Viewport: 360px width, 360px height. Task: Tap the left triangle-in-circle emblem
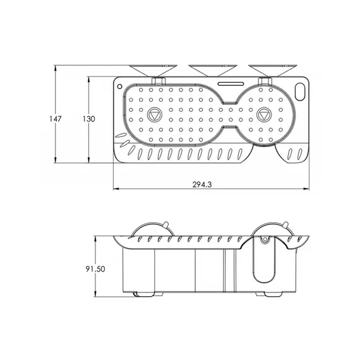[x=154, y=116]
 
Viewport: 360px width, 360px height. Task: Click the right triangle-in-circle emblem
[x=266, y=116]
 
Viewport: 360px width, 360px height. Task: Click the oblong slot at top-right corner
[x=301, y=91]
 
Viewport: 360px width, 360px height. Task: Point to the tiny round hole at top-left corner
[x=120, y=83]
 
